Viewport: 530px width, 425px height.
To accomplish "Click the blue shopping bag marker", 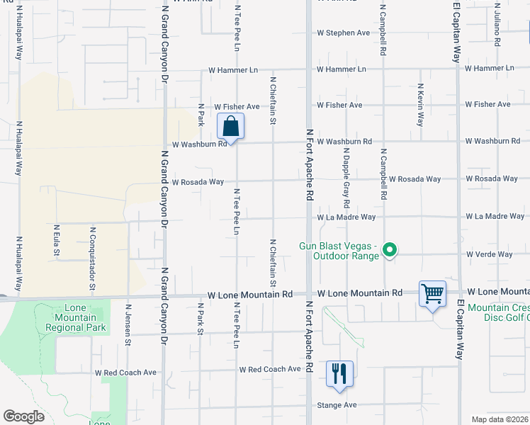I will click(230, 127).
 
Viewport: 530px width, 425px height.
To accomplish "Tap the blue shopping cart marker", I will click(432, 293).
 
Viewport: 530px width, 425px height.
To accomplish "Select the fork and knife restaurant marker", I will click(339, 373).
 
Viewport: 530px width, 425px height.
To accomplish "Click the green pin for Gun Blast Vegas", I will click(389, 249).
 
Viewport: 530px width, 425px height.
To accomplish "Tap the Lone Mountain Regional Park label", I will click(75, 317).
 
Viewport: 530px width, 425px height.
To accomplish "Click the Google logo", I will click(23, 416).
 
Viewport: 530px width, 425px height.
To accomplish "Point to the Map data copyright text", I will click(500, 419).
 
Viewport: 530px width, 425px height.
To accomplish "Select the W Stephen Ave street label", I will click(343, 33).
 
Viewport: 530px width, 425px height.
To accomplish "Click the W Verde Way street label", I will click(489, 254).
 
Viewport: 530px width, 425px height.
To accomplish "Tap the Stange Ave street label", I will click(337, 405).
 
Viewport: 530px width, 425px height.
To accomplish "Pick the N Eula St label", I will click(56, 242).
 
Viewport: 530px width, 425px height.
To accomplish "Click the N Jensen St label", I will click(128, 326).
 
